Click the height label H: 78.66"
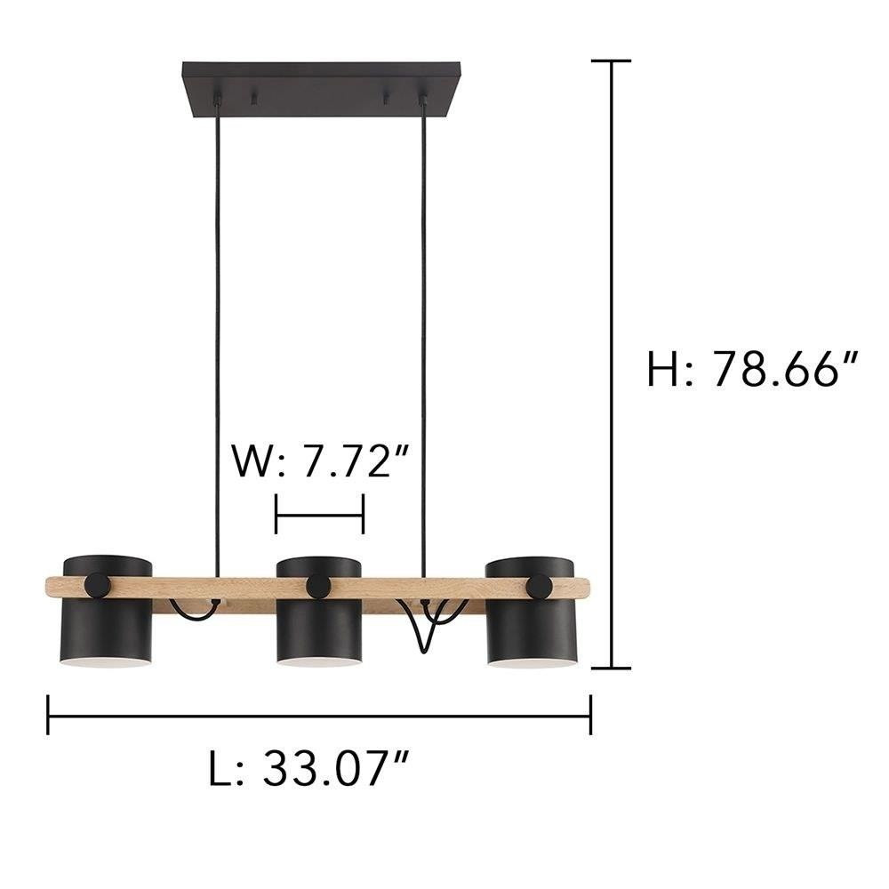[752, 369]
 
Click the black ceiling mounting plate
[321, 90]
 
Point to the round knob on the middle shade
[318, 586]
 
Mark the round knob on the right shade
[540, 586]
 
